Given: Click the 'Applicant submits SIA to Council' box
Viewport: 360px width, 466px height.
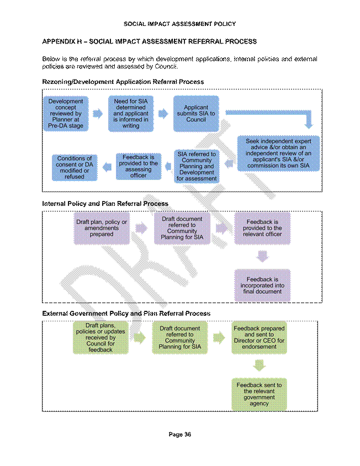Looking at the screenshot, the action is (196, 114).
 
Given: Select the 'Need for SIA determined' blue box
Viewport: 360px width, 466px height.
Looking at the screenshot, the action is (131, 114).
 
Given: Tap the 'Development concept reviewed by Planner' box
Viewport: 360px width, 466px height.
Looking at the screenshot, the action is (66, 114).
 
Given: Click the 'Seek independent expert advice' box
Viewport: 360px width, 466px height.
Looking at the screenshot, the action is (278, 153).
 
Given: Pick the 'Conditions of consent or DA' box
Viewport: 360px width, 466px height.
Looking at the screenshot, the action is (75, 167).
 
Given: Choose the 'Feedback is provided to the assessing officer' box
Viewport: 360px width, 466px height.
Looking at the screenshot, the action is (139, 166).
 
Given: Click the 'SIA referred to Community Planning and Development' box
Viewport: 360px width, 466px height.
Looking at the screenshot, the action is (197, 166).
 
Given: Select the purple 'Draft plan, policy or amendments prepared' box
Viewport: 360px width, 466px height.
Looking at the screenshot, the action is (102, 228).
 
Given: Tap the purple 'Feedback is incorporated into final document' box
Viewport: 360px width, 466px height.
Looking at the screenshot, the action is (262, 285).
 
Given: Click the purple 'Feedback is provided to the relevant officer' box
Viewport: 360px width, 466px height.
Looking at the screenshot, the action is (262, 228).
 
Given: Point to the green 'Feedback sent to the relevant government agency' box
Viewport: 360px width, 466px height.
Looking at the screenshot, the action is (259, 394).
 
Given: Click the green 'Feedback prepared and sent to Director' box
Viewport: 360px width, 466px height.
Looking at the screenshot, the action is (259, 337).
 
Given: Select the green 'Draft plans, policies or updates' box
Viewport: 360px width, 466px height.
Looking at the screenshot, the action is (100, 337).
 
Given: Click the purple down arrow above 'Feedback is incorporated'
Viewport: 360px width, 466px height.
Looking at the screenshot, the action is (262, 256).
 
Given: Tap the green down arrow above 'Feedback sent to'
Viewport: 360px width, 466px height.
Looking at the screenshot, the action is (260, 366).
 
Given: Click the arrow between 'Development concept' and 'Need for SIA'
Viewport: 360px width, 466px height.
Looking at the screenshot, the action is (98, 114).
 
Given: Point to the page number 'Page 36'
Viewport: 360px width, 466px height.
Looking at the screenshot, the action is (180, 435).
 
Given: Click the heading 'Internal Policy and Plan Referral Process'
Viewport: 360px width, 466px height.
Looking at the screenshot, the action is (105, 204).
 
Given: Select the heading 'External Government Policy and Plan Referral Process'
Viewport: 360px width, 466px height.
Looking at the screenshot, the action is (126, 314).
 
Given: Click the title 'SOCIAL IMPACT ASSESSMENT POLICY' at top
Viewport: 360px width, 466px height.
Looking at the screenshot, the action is (180, 24).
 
